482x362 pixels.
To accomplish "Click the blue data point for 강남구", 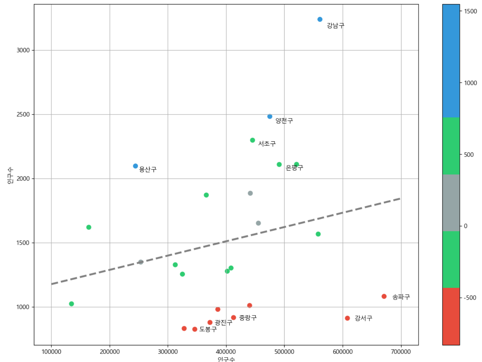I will [320, 19].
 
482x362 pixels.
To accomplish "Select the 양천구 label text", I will [284, 121].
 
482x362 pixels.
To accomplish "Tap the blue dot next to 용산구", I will [135, 166].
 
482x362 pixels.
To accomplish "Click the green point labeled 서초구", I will [252, 140].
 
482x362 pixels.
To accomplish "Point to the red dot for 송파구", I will [384, 296].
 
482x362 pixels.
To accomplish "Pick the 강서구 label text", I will [363, 318].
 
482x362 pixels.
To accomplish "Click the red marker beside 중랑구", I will [233, 318].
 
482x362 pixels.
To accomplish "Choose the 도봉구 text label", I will [208, 329].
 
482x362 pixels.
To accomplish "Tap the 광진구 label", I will [223, 323].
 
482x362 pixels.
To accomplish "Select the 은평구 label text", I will [294, 168].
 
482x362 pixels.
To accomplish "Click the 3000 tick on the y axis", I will [23, 50].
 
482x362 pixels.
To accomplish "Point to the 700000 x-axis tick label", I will [401, 352].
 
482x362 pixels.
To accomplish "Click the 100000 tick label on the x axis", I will [51, 352].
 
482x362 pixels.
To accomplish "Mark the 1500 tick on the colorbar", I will [471, 11].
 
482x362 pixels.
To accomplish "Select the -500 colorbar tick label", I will [469, 298].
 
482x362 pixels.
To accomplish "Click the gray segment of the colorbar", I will [451, 203].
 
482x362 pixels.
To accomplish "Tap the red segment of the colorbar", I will [451, 316].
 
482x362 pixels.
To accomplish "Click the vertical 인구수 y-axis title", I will [10, 175].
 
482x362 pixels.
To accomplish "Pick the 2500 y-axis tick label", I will [23, 114].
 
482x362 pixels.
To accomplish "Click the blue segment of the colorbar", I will [451, 61].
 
